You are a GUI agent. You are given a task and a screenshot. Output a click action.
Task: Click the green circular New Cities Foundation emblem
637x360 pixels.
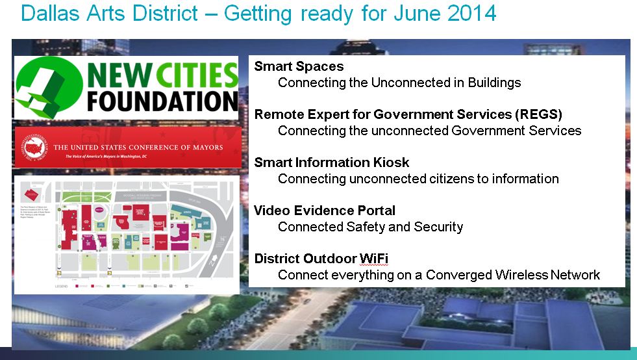[47, 87]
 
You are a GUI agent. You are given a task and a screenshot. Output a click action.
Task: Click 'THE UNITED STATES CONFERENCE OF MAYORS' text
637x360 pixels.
[138, 148]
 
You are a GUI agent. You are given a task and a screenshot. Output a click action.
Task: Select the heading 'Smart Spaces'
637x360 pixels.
[299, 66]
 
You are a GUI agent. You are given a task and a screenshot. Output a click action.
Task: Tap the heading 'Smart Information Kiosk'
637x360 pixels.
[331, 162]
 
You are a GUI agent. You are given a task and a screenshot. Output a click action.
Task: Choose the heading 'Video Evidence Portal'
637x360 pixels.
[324, 211]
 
